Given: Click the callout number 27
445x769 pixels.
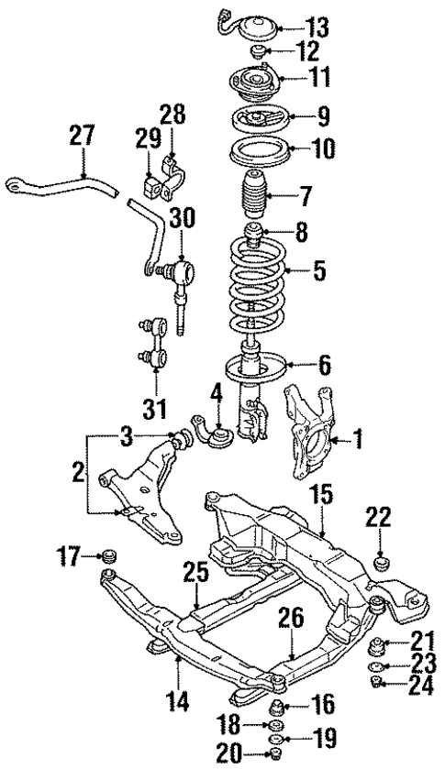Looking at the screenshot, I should click(x=83, y=137).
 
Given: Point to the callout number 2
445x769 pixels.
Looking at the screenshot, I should click(x=79, y=474).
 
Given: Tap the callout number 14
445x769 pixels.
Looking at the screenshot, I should click(x=178, y=703).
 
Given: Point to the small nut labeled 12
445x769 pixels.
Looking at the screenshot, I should click(x=260, y=49).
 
